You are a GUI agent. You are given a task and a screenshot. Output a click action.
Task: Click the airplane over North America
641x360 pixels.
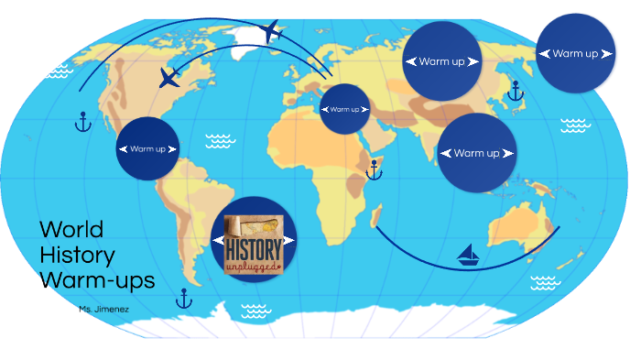click(x=169, y=77)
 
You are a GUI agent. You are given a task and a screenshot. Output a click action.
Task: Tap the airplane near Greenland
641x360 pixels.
click(x=269, y=32)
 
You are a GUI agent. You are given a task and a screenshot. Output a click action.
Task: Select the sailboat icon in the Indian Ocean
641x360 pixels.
click(x=469, y=254)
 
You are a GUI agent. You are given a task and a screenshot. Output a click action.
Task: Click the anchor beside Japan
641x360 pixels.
click(x=515, y=90)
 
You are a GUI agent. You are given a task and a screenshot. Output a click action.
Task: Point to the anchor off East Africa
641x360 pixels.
click(x=374, y=169)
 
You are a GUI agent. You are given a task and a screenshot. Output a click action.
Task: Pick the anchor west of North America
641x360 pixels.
click(x=83, y=121)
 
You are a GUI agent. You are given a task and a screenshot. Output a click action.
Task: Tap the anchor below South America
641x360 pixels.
click(x=183, y=297)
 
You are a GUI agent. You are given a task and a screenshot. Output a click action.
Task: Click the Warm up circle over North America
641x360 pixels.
click(x=147, y=148)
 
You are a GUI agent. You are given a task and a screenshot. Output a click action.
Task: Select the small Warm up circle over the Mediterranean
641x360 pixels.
click(x=345, y=109)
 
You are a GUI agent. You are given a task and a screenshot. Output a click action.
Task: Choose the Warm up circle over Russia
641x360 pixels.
click(x=442, y=61)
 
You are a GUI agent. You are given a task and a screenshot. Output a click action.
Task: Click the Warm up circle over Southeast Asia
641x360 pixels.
click(x=476, y=153)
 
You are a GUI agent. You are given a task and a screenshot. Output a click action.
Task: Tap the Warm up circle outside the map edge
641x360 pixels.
click(x=575, y=53)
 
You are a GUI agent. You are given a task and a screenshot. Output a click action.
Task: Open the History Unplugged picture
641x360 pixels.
click(x=255, y=241)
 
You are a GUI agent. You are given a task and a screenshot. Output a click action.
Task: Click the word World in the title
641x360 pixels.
click(x=71, y=229)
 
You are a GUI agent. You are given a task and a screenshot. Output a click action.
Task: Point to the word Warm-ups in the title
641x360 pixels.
click(x=97, y=278)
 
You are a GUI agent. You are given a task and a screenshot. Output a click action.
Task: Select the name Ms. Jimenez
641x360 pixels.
click(x=103, y=310)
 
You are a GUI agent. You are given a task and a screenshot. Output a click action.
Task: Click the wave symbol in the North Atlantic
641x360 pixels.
click(x=219, y=140)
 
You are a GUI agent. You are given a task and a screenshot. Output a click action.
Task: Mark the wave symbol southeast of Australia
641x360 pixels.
click(x=546, y=281)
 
